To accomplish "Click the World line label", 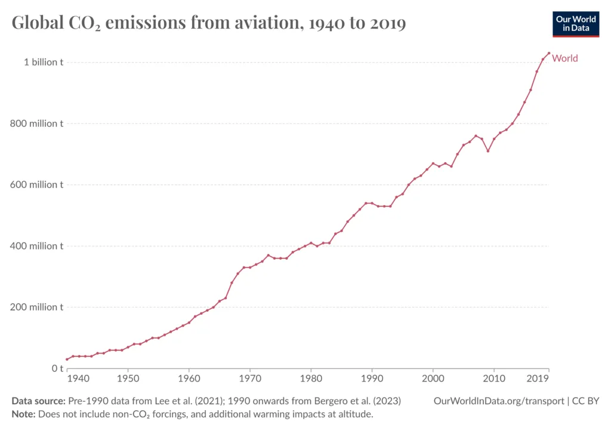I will (565, 58).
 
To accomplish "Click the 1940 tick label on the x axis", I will (79, 379).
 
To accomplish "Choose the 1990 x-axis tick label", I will (371, 379).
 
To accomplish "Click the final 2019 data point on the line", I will (548, 53).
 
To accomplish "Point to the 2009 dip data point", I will (487, 151).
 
